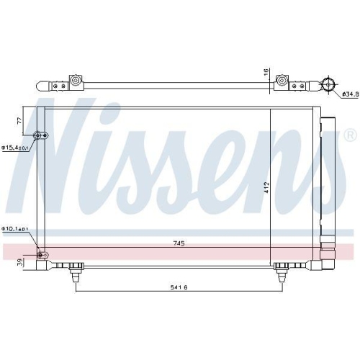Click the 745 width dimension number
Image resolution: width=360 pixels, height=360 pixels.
coord(179,243)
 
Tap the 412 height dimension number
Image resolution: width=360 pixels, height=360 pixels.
coord(266,187)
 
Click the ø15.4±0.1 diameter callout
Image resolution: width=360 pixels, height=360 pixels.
coord(14,148)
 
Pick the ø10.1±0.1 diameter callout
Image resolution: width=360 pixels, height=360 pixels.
coord(14,230)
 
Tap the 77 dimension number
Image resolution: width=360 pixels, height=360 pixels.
coord(20,123)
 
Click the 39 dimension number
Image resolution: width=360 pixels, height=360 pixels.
coord(19,261)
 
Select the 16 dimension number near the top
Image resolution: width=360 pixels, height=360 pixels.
coord(266,73)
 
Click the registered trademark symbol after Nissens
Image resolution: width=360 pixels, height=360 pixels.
coord(350,135)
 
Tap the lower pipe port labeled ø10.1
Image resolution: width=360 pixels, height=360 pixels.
coord(40,254)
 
